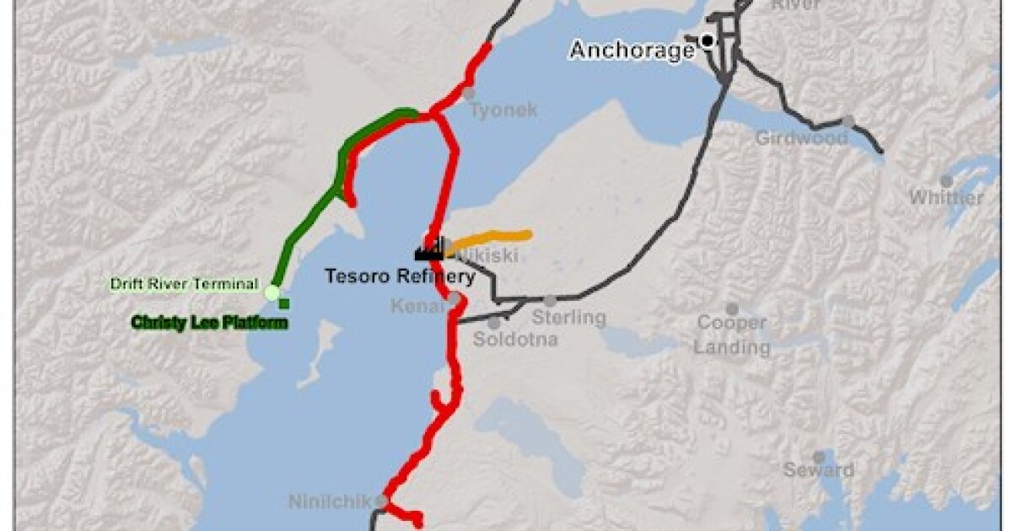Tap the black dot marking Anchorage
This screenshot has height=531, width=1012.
click(x=707, y=39)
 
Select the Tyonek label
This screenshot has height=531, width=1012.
click(x=503, y=110)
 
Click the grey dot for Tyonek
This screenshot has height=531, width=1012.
click(x=469, y=94)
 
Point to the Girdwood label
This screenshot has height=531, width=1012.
click(x=801, y=137)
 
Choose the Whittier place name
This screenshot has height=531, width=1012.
click(x=945, y=198)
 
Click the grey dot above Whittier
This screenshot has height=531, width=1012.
click(x=946, y=180)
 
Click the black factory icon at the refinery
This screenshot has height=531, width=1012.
click(x=430, y=248)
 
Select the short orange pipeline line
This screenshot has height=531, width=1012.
click(x=493, y=238)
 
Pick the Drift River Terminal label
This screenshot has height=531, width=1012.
click(x=185, y=284)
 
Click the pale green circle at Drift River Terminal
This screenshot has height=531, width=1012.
click(x=272, y=292)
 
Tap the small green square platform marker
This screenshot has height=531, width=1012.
click(x=284, y=303)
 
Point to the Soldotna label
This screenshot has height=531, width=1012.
click(x=505, y=340)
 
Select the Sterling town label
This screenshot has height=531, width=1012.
click(x=568, y=318)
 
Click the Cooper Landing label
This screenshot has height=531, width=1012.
click(x=732, y=335)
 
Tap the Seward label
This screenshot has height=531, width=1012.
click(x=818, y=469)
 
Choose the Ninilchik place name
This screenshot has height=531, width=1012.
click(x=330, y=502)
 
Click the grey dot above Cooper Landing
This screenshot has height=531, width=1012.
click(x=732, y=309)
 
